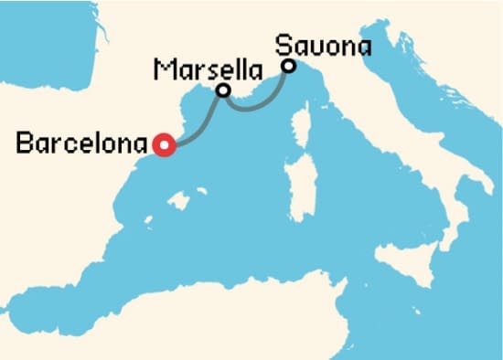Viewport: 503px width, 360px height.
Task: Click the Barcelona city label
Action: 82,143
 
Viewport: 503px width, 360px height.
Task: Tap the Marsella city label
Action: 207,69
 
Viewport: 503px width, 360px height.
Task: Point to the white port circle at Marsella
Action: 222,90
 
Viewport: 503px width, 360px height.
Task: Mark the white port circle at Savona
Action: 288,66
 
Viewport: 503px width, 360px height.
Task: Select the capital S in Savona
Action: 284,44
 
